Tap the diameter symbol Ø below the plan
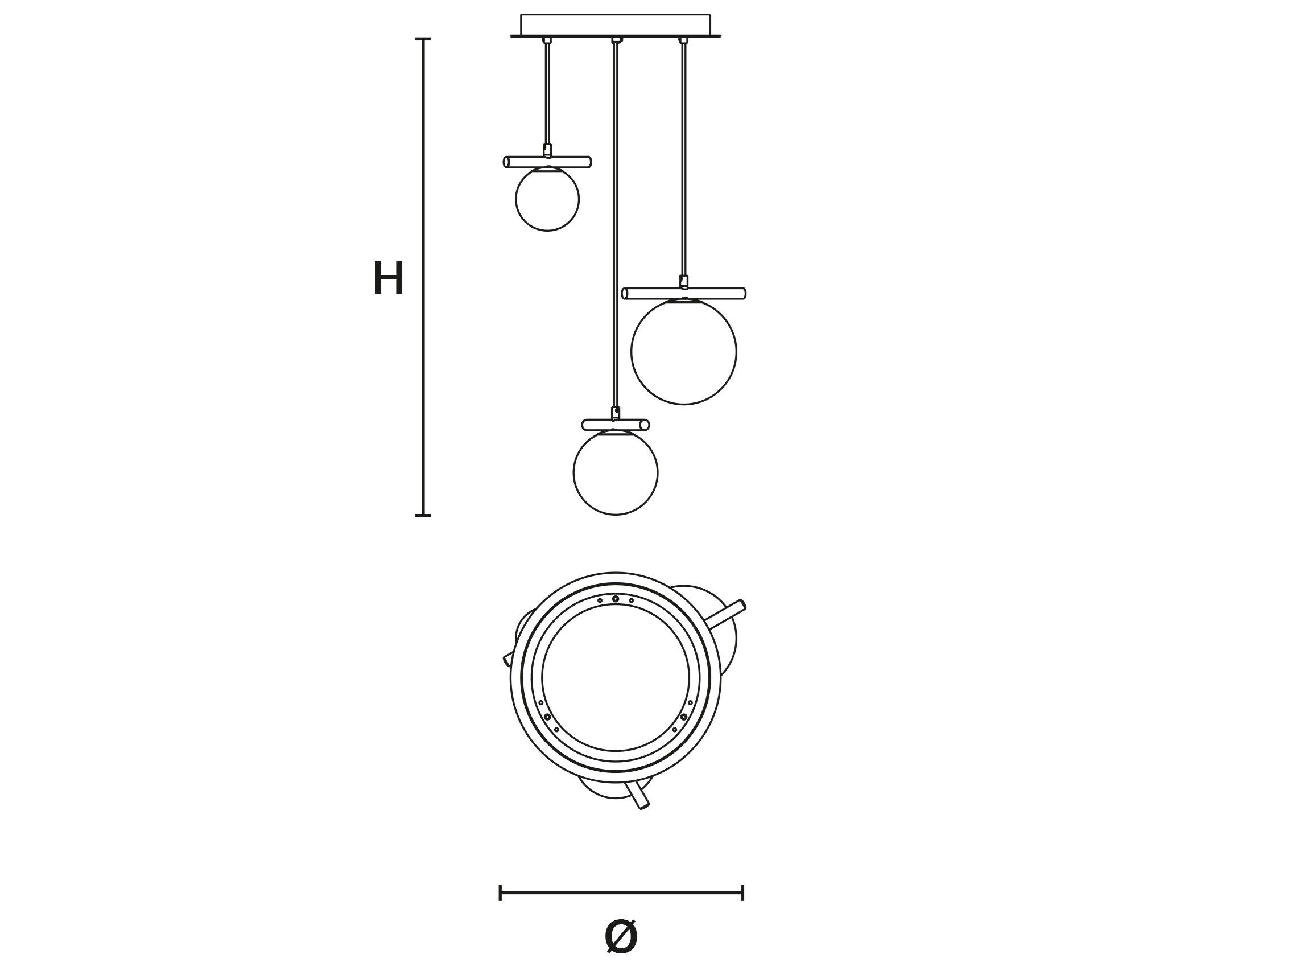621,952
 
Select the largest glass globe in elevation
684,352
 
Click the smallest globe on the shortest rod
547,199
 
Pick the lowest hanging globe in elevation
616,472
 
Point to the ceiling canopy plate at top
616,26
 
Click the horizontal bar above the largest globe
684,294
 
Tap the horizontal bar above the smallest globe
547,162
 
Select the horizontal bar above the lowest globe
616,425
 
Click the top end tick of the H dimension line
423,39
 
